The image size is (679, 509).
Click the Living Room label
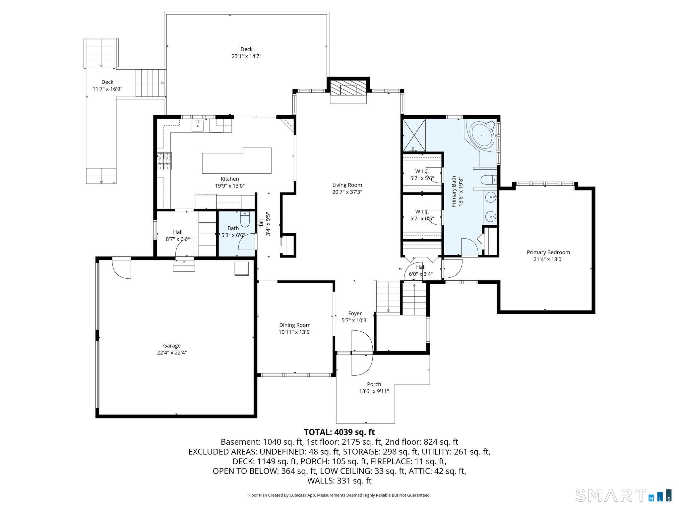pyautogui.click(x=347, y=185)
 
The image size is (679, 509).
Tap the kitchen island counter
pyautogui.click(x=236, y=161)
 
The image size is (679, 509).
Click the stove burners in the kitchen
pyautogui.click(x=165, y=161)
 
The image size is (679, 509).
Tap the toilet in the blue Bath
pyautogui.click(x=245, y=220)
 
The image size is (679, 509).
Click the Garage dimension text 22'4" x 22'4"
pyautogui.click(x=172, y=353)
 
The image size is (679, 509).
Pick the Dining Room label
pyautogui.click(x=295, y=325)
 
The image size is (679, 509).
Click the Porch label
pyautogui.click(x=374, y=384)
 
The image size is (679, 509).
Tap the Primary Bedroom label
pyautogui.click(x=548, y=252)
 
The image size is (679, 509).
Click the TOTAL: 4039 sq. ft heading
pyautogui.click(x=339, y=432)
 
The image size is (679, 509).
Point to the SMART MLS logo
pyautogui.click(x=623, y=495)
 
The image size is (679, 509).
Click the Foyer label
pyautogui.click(x=355, y=313)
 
